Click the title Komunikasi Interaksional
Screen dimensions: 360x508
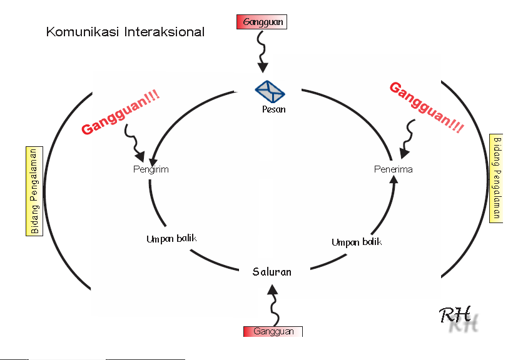(125, 32)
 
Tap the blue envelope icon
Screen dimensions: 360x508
(270, 92)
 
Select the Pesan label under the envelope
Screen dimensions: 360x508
(273, 109)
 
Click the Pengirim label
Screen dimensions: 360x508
(151, 169)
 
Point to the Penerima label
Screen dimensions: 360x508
(393, 169)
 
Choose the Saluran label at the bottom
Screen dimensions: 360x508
(272, 272)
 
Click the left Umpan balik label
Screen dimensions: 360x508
(171, 239)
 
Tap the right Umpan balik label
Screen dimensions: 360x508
(356, 242)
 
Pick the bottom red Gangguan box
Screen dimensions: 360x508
(273, 331)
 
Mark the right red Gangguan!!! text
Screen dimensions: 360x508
(427, 107)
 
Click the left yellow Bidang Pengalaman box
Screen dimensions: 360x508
(34, 191)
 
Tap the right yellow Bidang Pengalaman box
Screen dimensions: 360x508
(496, 178)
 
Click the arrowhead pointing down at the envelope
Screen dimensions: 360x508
(263, 67)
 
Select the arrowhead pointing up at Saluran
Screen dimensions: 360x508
(272, 289)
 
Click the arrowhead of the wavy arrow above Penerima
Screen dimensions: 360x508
(405, 152)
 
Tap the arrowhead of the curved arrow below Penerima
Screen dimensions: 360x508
(394, 180)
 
